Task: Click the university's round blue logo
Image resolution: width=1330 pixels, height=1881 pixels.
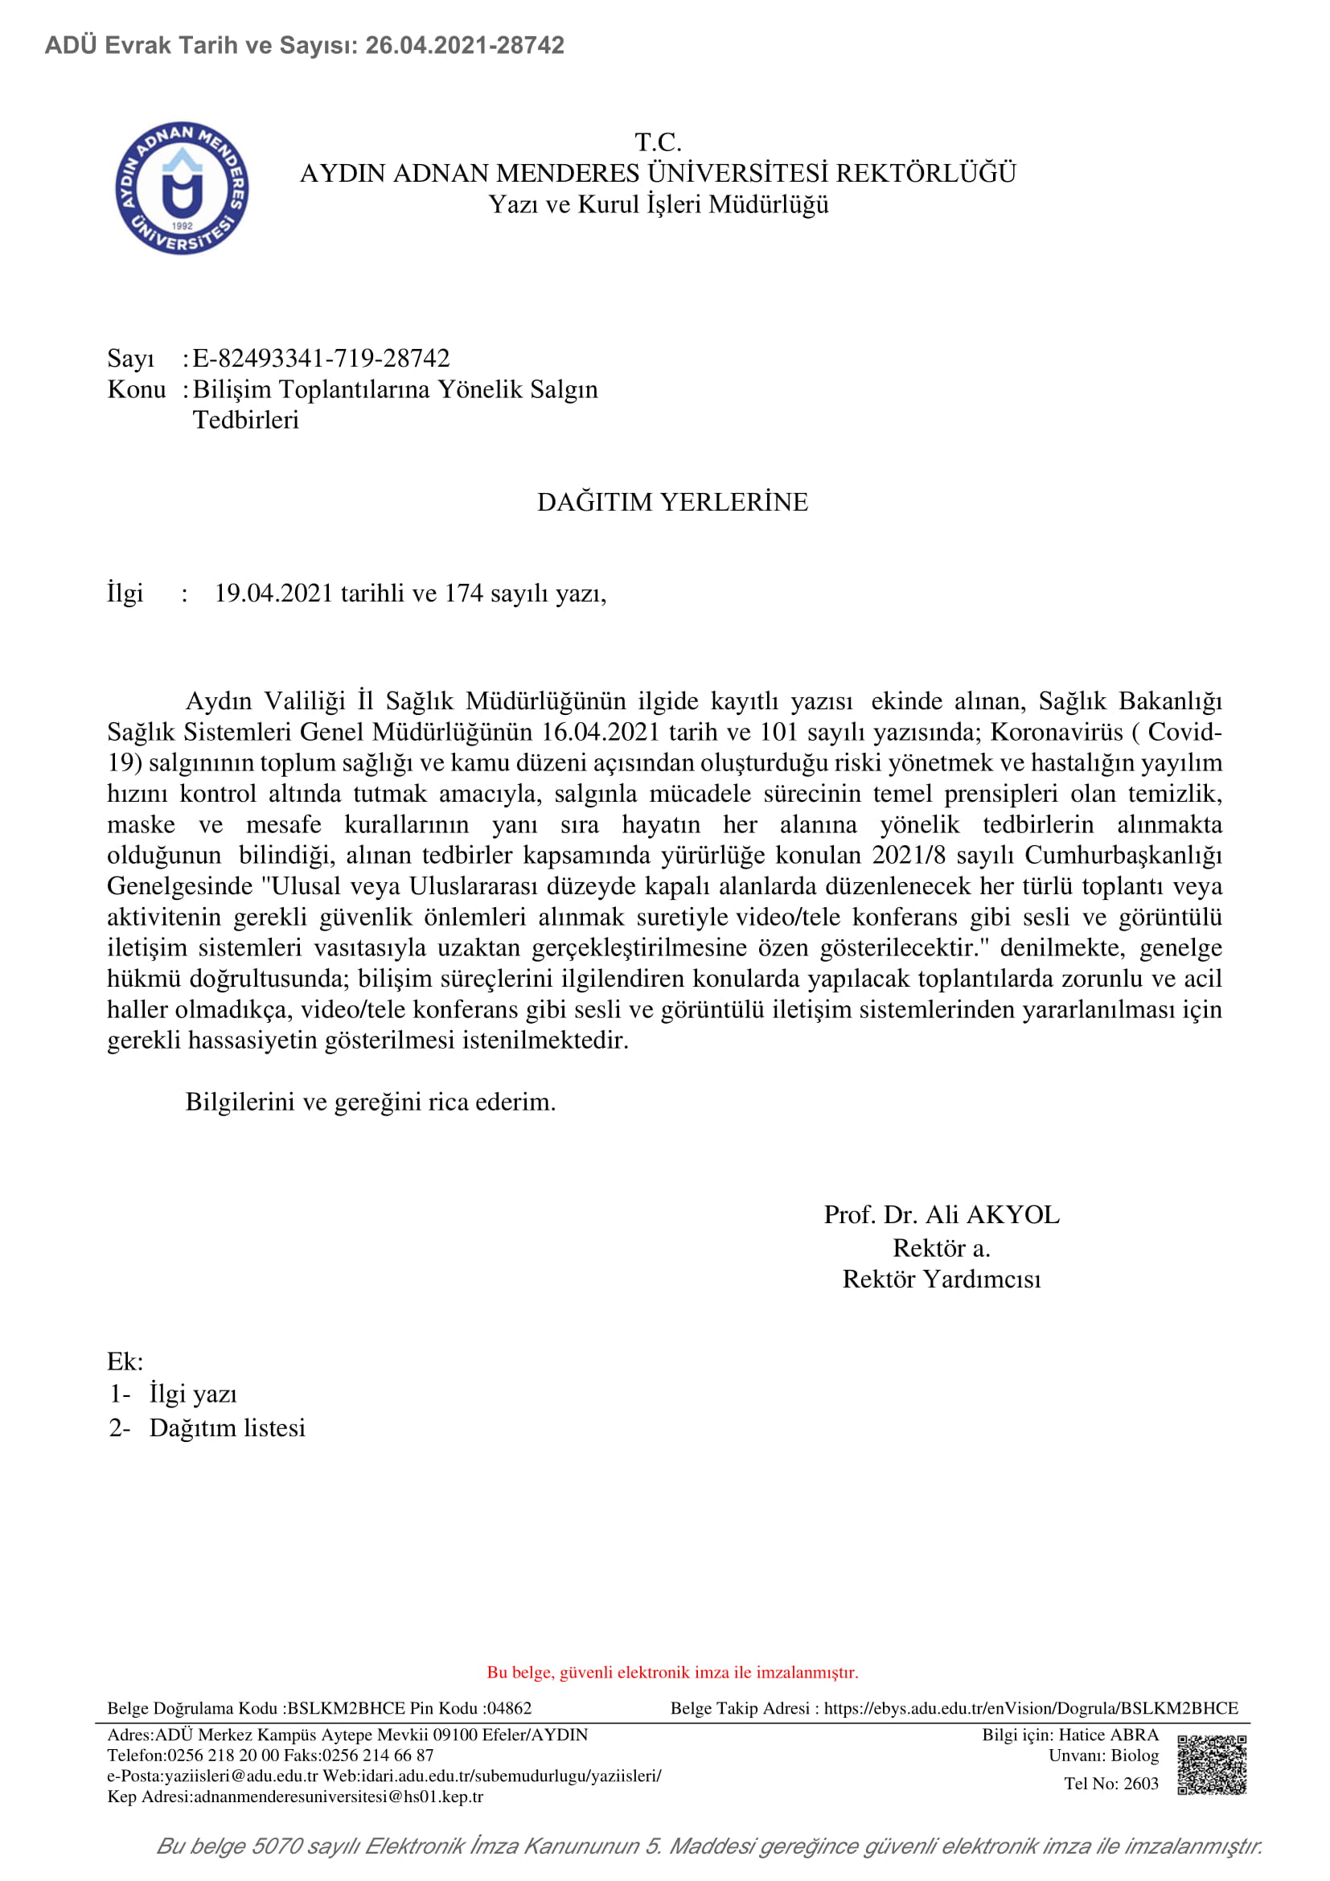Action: tap(182, 187)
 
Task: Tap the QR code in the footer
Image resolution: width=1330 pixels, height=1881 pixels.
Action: tap(1211, 1764)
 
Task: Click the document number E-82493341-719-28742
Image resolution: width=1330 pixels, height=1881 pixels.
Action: tap(321, 358)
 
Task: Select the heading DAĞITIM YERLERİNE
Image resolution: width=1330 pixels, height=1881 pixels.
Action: tap(672, 501)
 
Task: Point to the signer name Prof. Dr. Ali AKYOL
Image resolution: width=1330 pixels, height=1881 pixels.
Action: tap(941, 1214)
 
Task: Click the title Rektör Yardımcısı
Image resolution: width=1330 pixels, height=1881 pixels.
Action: tap(941, 1279)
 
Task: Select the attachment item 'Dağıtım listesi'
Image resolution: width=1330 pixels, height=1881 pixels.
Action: tap(227, 1427)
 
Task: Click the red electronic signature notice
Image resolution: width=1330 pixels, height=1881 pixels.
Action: tap(672, 1672)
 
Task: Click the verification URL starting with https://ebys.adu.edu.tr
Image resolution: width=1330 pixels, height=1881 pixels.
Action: tap(1030, 1708)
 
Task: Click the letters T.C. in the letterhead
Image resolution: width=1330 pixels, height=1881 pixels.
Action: tap(658, 142)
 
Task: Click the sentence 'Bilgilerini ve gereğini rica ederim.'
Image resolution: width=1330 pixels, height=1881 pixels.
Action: tap(370, 1102)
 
